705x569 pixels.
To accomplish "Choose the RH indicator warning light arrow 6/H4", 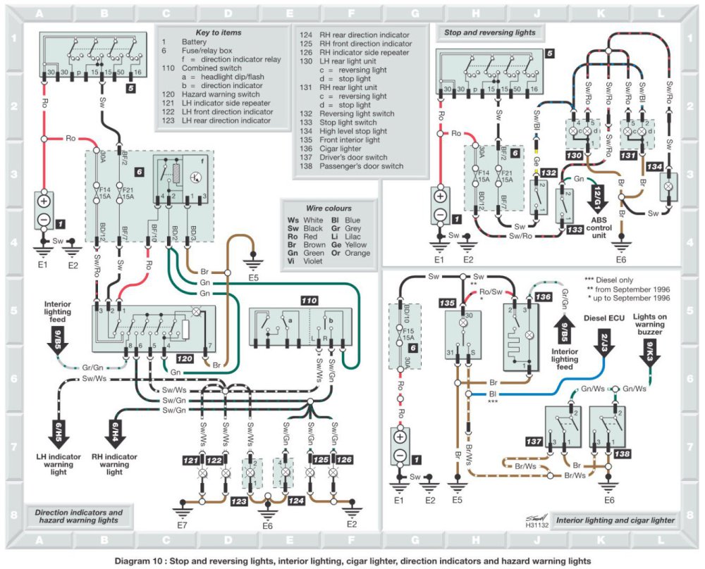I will click(113, 429).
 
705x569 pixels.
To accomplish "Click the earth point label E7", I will click(183, 525).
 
